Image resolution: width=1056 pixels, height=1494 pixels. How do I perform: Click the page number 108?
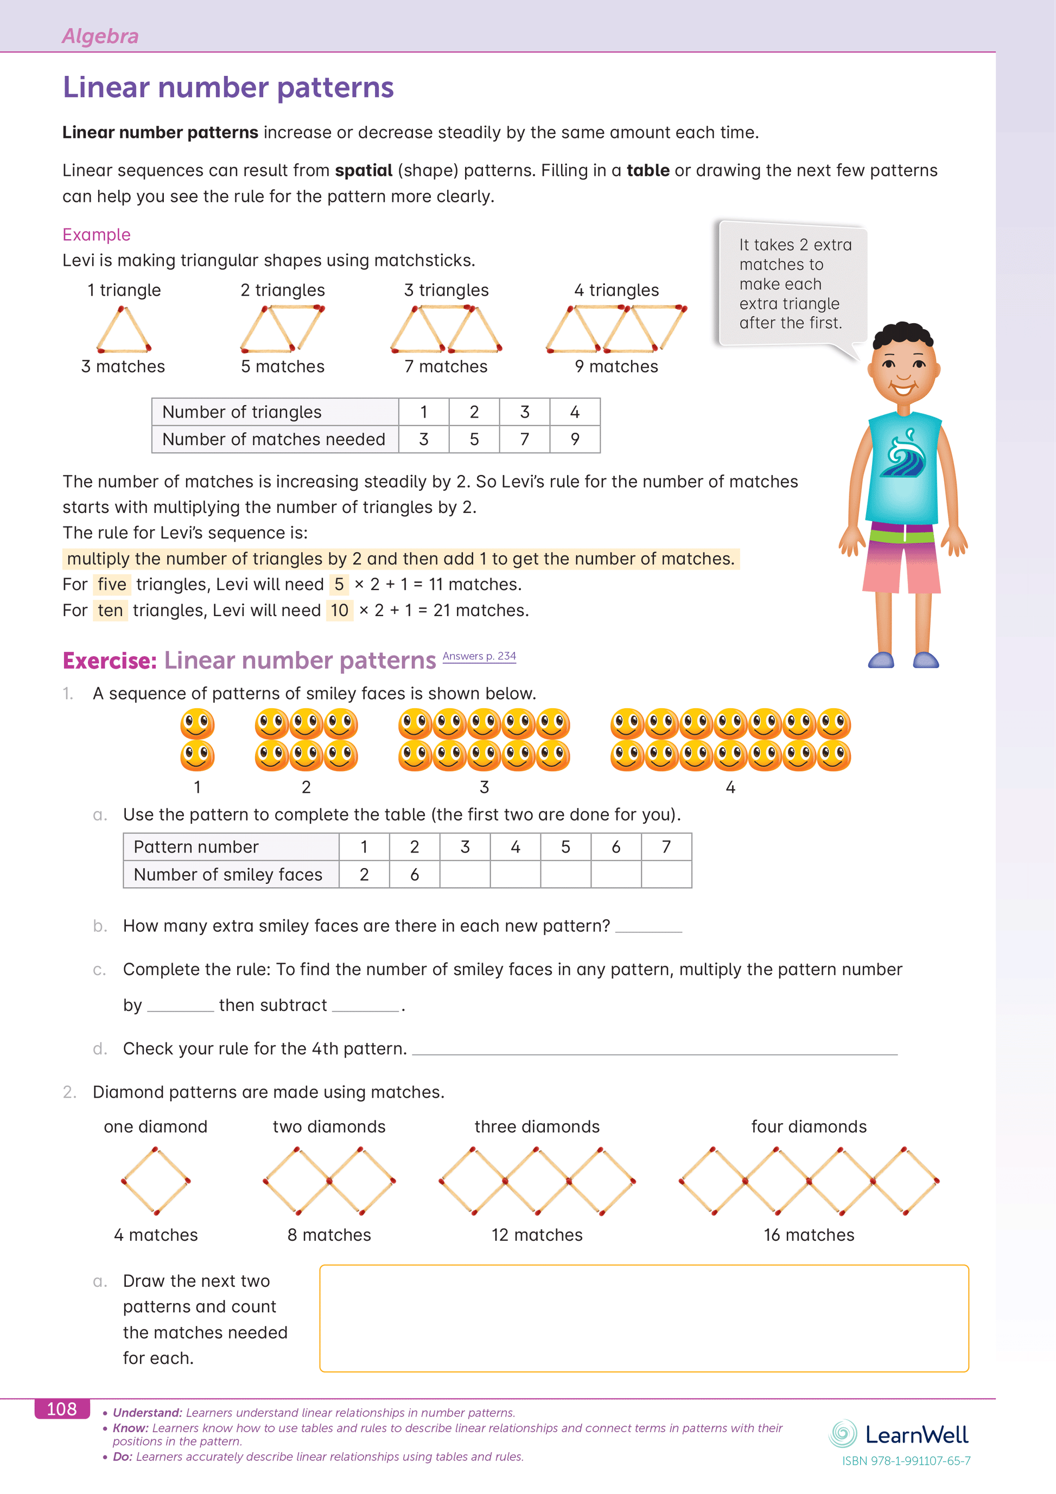click(62, 1409)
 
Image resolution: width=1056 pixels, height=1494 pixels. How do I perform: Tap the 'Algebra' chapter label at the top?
click(100, 36)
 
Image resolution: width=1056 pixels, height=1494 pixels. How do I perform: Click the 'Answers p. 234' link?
click(479, 656)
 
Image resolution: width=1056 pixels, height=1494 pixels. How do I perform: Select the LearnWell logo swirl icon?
click(843, 1433)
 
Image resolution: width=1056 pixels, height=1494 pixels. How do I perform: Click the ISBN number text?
click(906, 1461)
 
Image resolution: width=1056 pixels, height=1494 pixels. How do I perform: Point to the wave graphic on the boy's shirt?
click(906, 455)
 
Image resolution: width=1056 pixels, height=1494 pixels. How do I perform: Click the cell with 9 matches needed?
click(575, 439)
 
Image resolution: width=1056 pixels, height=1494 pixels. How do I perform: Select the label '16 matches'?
click(809, 1235)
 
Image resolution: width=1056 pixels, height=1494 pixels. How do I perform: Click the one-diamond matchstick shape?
click(156, 1181)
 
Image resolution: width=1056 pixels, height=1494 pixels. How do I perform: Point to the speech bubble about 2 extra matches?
click(793, 284)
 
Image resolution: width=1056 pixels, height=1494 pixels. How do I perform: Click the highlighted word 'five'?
click(112, 585)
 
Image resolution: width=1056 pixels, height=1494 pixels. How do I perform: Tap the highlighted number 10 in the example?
click(339, 611)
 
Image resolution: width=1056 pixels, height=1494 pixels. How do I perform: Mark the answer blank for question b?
click(648, 927)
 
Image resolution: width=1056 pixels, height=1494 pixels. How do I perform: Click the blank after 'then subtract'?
click(365, 1006)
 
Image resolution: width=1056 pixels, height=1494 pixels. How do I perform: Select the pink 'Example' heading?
click(97, 234)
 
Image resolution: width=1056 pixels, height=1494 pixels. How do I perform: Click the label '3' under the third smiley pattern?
click(484, 787)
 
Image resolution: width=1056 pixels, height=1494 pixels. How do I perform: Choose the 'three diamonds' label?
click(537, 1126)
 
